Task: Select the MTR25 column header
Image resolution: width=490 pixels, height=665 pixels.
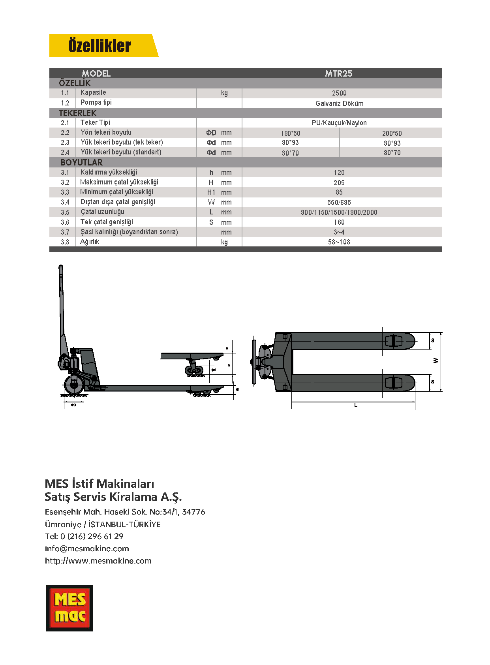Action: click(x=338, y=73)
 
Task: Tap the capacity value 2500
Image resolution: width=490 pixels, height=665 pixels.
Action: click(x=339, y=93)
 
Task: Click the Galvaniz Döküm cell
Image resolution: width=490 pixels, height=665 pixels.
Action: click(x=339, y=103)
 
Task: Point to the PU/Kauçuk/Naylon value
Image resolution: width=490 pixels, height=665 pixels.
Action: click(x=339, y=123)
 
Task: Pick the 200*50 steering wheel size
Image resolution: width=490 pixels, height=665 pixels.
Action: click(x=392, y=133)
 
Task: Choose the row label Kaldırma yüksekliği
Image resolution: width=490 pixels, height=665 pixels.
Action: click(x=109, y=172)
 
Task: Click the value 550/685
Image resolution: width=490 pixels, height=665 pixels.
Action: click(x=339, y=203)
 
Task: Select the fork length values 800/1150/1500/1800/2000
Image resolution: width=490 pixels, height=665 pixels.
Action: click(x=339, y=212)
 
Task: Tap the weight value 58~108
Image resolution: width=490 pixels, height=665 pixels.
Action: click(x=339, y=242)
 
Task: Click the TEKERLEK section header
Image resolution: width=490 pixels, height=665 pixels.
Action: click(x=78, y=113)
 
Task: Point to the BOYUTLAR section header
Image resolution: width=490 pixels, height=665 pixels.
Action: click(x=82, y=162)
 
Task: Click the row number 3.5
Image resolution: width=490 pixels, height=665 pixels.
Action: click(x=65, y=212)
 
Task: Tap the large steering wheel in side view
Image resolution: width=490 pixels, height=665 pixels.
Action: click(x=73, y=385)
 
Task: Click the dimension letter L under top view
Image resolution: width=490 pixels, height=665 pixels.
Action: click(x=356, y=405)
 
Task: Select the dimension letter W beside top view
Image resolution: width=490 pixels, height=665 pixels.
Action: click(x=436, y=361)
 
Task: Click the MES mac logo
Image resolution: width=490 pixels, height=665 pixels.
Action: click(x=69, y=608)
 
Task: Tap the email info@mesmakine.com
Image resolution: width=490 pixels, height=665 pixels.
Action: click(x=87, y=549)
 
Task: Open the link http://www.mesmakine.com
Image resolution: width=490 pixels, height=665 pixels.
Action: click(x=98, y=561)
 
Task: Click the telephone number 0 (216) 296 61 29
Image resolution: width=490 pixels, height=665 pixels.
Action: click(x=92, y=536)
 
